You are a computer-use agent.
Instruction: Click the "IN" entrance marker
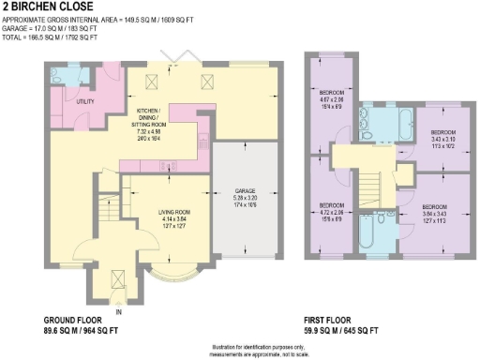118,312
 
